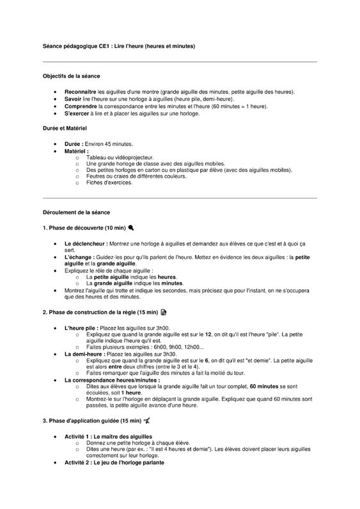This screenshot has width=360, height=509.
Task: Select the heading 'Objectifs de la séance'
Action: click(71, 76)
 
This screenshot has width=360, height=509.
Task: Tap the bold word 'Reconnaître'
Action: click(80, 93)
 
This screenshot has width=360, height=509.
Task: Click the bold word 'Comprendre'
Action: click(81, 107)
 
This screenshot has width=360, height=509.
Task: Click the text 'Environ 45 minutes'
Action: click(109, 144)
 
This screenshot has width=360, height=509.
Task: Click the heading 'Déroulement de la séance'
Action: click(76, 211)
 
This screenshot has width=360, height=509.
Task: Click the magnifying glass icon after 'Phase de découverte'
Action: click(131, 227)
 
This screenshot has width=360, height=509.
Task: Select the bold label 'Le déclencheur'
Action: click(85, 244)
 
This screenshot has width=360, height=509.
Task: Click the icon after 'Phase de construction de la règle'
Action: click(164, 312)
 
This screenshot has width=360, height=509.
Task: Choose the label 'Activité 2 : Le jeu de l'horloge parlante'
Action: click(114, 462)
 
